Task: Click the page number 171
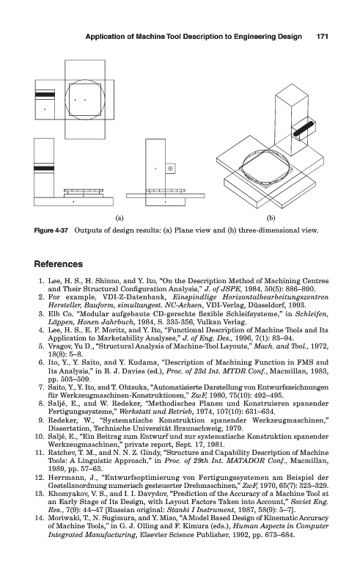tap(322, 36)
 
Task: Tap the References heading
tap(59, 264)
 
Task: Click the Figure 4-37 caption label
tap(51, 230)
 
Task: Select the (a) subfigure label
tap(120, 217)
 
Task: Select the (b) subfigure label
tap(271, 217)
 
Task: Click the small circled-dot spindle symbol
tap(170, 169)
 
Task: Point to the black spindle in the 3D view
tap(304, 128)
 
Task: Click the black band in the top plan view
tap(45, 94)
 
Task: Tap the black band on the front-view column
tap(44, 168)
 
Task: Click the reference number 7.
tap(42, 387)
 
